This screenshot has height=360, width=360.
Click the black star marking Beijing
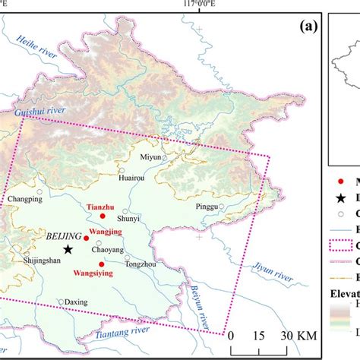68,249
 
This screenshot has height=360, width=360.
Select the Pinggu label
205,206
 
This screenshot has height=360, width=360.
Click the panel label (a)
308,26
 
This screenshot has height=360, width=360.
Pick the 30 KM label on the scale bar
298,336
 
